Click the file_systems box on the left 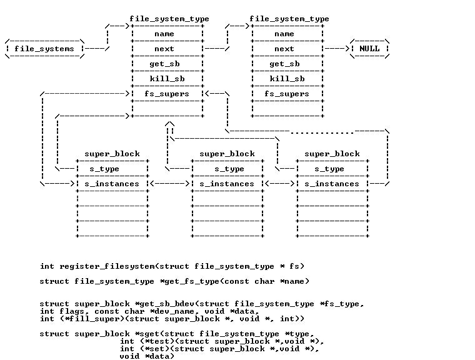click(x=44, y=49)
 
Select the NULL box click(x=369, y=49)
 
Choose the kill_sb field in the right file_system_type click(x=286, y=79)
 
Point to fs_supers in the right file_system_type click(x=286, y=94)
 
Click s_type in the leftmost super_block click(x=104, y=169)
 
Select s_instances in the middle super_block click(x=227, y=184)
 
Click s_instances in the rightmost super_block click(x=332, y=184)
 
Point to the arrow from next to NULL click(x=337, y=49)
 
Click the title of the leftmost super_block click(x=112, y=154)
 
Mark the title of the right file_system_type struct click(x=289, y=19)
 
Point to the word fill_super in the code click(x=76, y=319)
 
